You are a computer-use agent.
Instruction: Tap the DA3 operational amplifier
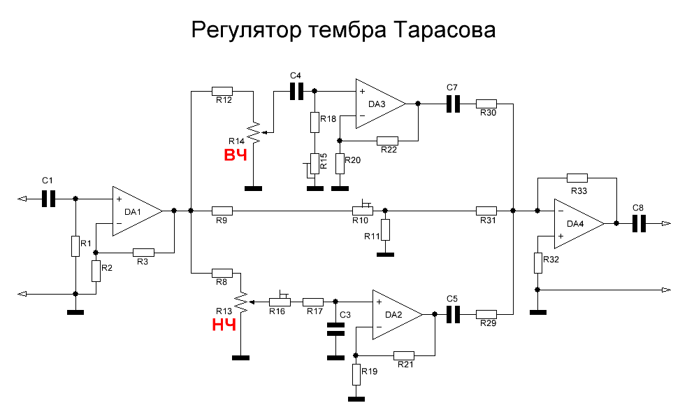(378, 104)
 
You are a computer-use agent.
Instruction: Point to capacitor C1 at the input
(48, 199)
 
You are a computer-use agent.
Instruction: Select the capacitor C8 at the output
(637, 223)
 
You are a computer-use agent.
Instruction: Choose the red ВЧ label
(236, 155)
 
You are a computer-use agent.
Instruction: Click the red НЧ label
(224, 324)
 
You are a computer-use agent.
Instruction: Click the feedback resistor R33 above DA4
(577, 178)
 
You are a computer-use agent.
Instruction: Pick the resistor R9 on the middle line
(222, 210)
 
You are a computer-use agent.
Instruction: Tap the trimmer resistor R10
(362, 210)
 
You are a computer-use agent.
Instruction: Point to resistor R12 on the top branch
(222, 90)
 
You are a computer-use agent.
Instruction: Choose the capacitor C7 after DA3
(453, 104)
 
